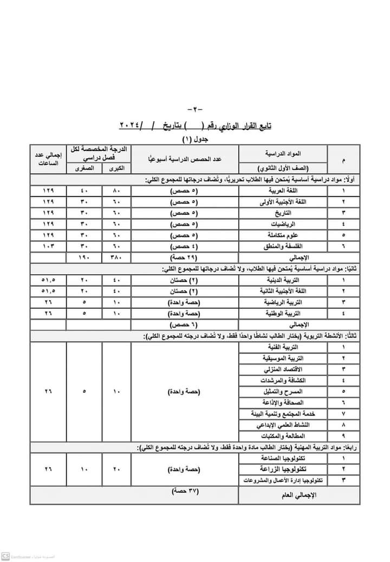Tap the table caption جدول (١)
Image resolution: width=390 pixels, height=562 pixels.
pos(194,139)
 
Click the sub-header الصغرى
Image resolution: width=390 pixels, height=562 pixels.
pos(83,169)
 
